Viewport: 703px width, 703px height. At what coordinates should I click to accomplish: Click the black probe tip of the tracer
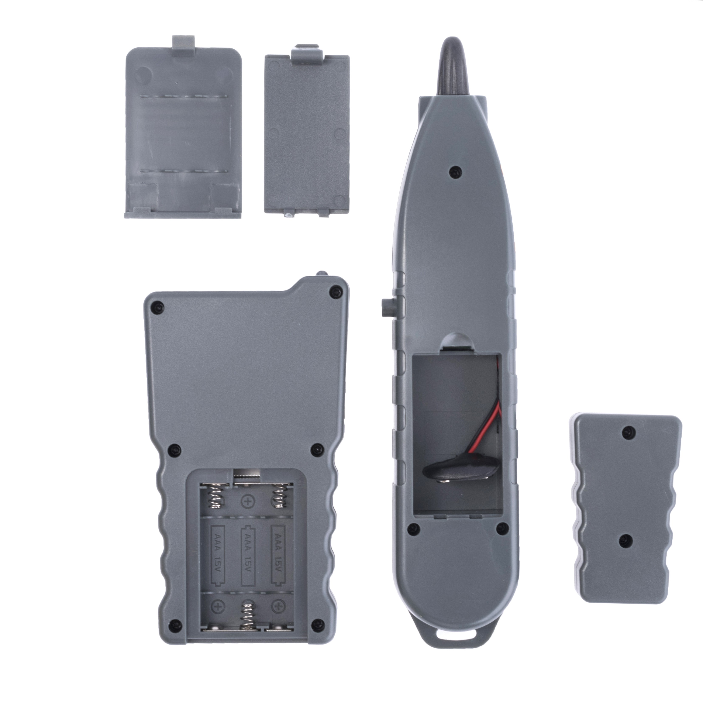tap(453, 67)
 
